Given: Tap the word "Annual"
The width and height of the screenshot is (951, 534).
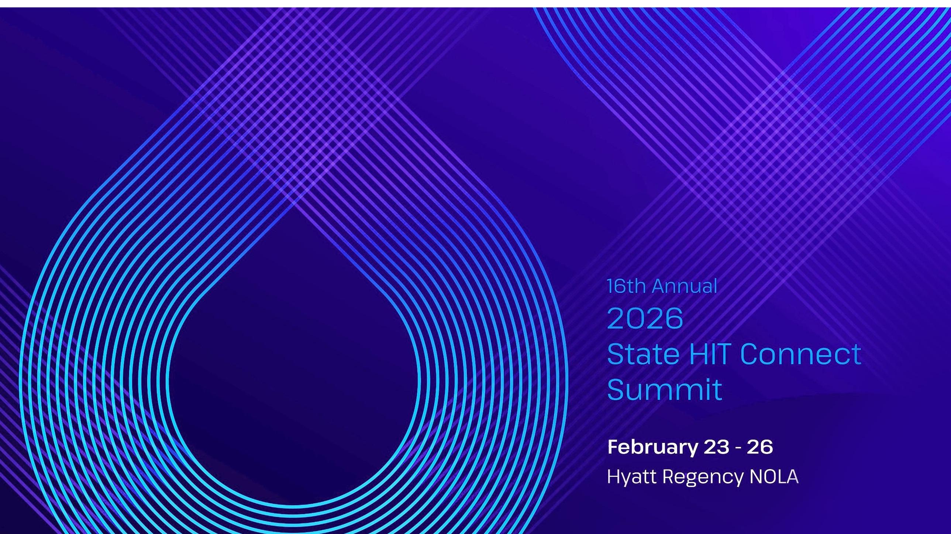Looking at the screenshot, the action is click(x=685, y=286).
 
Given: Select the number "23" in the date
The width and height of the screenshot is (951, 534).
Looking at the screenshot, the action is click(x=717, y=447).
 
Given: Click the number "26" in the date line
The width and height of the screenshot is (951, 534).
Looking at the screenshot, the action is click(x=760, y=447).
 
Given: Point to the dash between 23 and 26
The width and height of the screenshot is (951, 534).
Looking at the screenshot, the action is click(x=738, y=448).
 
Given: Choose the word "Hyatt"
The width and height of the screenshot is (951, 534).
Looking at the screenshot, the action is click(x=632, y=477).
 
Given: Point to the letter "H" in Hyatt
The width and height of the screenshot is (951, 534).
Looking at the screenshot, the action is click(x=614, y=476).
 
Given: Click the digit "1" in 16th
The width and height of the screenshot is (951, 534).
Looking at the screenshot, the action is click(x=610, y=287).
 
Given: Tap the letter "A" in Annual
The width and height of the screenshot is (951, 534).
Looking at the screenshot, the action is click(x=659, y=287).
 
